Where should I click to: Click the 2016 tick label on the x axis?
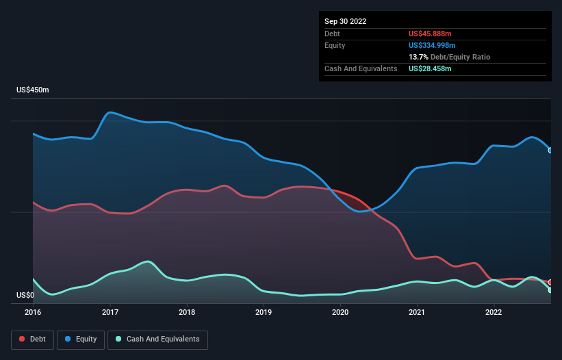click(33, 312)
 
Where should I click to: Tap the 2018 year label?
click(186, 312)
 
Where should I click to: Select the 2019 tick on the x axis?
click(263, 312)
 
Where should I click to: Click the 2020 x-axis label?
click(340, 312)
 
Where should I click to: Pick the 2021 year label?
click(417, 312)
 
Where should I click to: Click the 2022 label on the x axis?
click(494, 312)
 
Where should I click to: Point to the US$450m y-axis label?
click(33, 90)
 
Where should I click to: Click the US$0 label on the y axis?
click(25, 296)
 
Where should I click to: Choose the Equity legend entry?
click(81, 339)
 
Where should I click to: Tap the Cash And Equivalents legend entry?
click(157, 339)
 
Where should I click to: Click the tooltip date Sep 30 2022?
click(345, 21)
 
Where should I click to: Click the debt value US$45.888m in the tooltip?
click(430, 34)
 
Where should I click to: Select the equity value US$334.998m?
click(433, 45)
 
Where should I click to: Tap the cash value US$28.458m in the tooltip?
click(430, 68)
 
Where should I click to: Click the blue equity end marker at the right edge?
click(550, 150)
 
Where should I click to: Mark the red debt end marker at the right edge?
click(550, 282)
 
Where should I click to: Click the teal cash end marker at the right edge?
click(550, 290)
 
